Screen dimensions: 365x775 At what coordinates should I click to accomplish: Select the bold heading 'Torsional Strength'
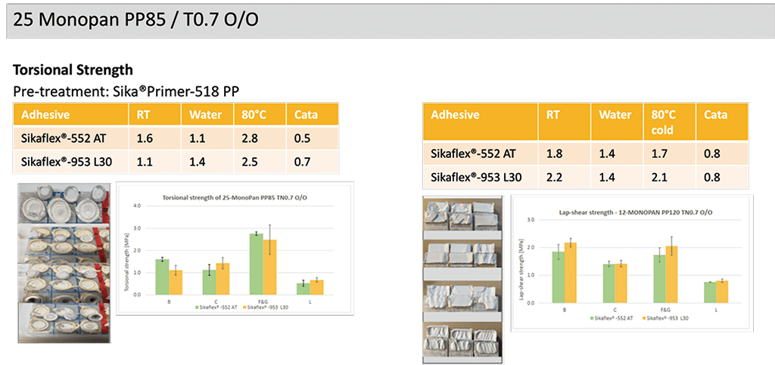pos(73,70)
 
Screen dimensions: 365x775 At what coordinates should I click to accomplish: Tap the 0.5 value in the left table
pos(303,138)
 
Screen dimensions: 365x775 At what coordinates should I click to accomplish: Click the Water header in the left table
pos(200,115)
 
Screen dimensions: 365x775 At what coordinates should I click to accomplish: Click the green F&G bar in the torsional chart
pos(257,264)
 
